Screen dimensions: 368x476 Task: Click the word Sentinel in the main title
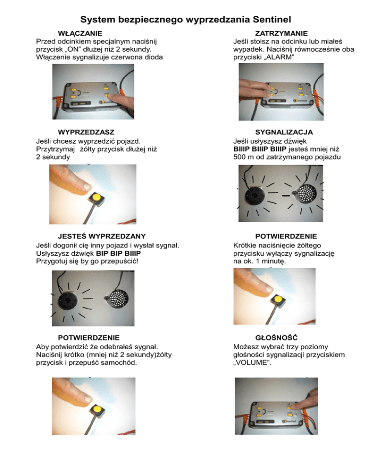tap(272, 20)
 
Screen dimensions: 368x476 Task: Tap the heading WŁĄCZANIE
tap(80, 34)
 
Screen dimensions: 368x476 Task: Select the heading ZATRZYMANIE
tap(281, 34)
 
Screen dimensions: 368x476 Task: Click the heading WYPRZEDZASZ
tap(86, 132)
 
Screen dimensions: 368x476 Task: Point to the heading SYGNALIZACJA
tap(284, 132)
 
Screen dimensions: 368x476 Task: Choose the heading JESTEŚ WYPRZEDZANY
tap(102, 236)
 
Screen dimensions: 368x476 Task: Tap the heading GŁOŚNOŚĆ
tap(276, 338)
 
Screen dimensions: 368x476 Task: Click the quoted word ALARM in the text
tap(279, 57)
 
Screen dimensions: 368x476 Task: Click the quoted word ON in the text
tap(73, 49)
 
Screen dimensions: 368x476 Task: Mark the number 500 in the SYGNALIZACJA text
tap(239, 157)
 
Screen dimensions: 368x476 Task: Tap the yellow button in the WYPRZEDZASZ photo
tap(96, 198)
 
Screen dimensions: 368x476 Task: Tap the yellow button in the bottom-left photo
tap(97, 409)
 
